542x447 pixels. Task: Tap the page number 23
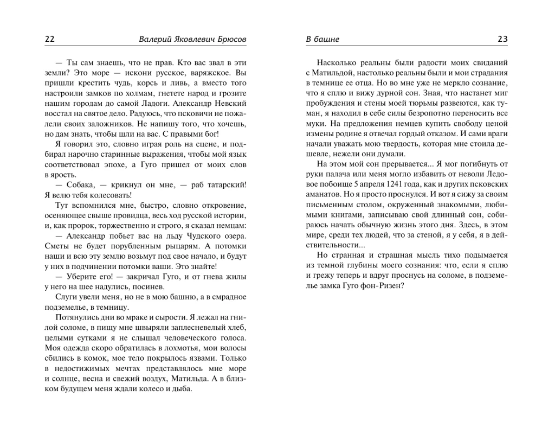pos(502,40)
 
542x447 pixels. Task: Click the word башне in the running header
pos(326,40)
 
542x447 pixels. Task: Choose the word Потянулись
pos(78,319)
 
